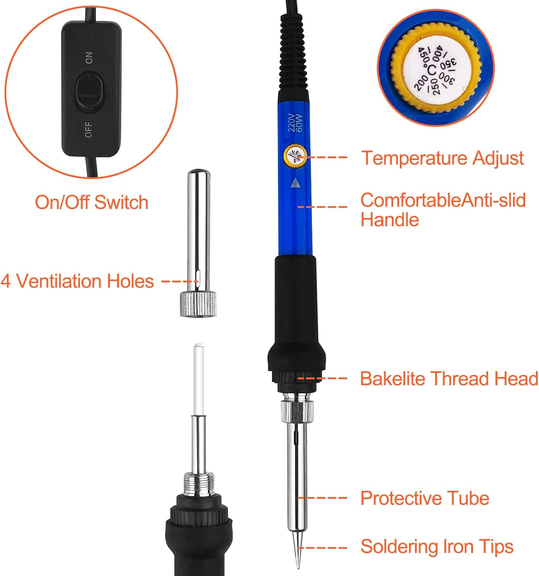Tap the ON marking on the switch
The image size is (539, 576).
coord(89,58)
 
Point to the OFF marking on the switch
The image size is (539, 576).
coord(88,129)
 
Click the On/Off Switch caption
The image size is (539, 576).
coord(91,202)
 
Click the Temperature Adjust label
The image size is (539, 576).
coord(442,158)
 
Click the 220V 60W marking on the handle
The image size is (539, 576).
coord(295,123)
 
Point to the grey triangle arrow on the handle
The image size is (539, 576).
coord(295,183)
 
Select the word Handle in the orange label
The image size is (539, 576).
coord(390,220)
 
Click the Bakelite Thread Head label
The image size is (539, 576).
coord(449,378)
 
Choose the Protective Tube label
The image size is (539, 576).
coord(425,498)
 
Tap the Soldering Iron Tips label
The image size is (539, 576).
coord(437,547)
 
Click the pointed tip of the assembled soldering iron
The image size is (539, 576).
coord(297,568)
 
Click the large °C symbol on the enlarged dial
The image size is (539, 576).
coord(430,70)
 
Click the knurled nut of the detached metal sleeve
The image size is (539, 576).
coord(198,304)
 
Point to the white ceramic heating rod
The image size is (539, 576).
coord(199,380)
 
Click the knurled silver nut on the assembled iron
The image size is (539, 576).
coord(297,411)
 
